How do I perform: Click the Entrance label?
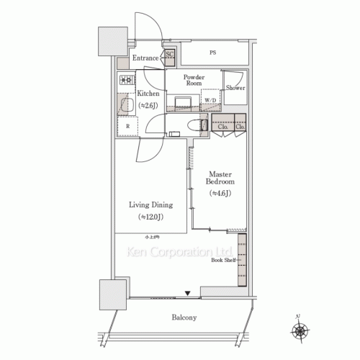coord(145,58)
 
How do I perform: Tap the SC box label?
coord(170,54)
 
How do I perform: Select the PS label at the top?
coord(212,53)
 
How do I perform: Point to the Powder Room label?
coord(194,79)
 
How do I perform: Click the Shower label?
coord(235,87)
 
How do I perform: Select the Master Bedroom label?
coord(220,179)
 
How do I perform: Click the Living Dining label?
coord(150,204)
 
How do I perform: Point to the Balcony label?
coord(184,318)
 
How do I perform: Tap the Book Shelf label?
coord(222,260)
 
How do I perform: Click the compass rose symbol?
coord(300,332)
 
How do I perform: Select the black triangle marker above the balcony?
coord(188,293)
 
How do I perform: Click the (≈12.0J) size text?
coord(150,217)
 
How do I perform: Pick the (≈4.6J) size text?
coord(220,194)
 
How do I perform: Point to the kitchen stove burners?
coord(127,80)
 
